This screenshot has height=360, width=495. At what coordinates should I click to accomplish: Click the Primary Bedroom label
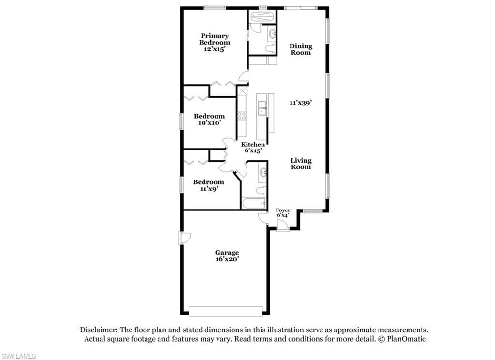pos(214,39)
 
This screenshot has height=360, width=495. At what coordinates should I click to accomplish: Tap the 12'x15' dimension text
pos(214,49)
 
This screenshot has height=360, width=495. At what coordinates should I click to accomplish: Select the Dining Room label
pos(301,49)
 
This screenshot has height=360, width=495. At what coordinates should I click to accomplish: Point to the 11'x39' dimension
pos(301,103)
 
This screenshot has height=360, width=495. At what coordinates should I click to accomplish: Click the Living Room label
pos(301,164)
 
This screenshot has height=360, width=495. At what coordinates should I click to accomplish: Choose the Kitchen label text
pos(253,145)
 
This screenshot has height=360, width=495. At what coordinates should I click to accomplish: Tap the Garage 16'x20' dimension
pos(227,259)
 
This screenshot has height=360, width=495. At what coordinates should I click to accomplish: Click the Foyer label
pos(283,210)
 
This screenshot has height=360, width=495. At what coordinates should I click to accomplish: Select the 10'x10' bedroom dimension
pos(209,122)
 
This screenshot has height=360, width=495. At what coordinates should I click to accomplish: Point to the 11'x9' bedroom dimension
pos(209,189)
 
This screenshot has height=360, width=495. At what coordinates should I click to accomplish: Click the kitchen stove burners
pos(242,116)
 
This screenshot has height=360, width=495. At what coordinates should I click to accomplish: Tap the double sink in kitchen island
pos(262,108)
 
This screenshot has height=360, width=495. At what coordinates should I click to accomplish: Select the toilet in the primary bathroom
pos(271,49)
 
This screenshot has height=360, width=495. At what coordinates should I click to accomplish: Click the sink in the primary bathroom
pos(272,33)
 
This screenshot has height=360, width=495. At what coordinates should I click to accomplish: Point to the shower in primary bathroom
pos(262,17)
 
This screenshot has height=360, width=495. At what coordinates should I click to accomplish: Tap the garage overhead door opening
pos(225,311)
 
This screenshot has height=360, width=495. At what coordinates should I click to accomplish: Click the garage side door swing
pos(186,238)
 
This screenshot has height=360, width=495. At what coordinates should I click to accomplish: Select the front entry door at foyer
pos(283,225)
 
